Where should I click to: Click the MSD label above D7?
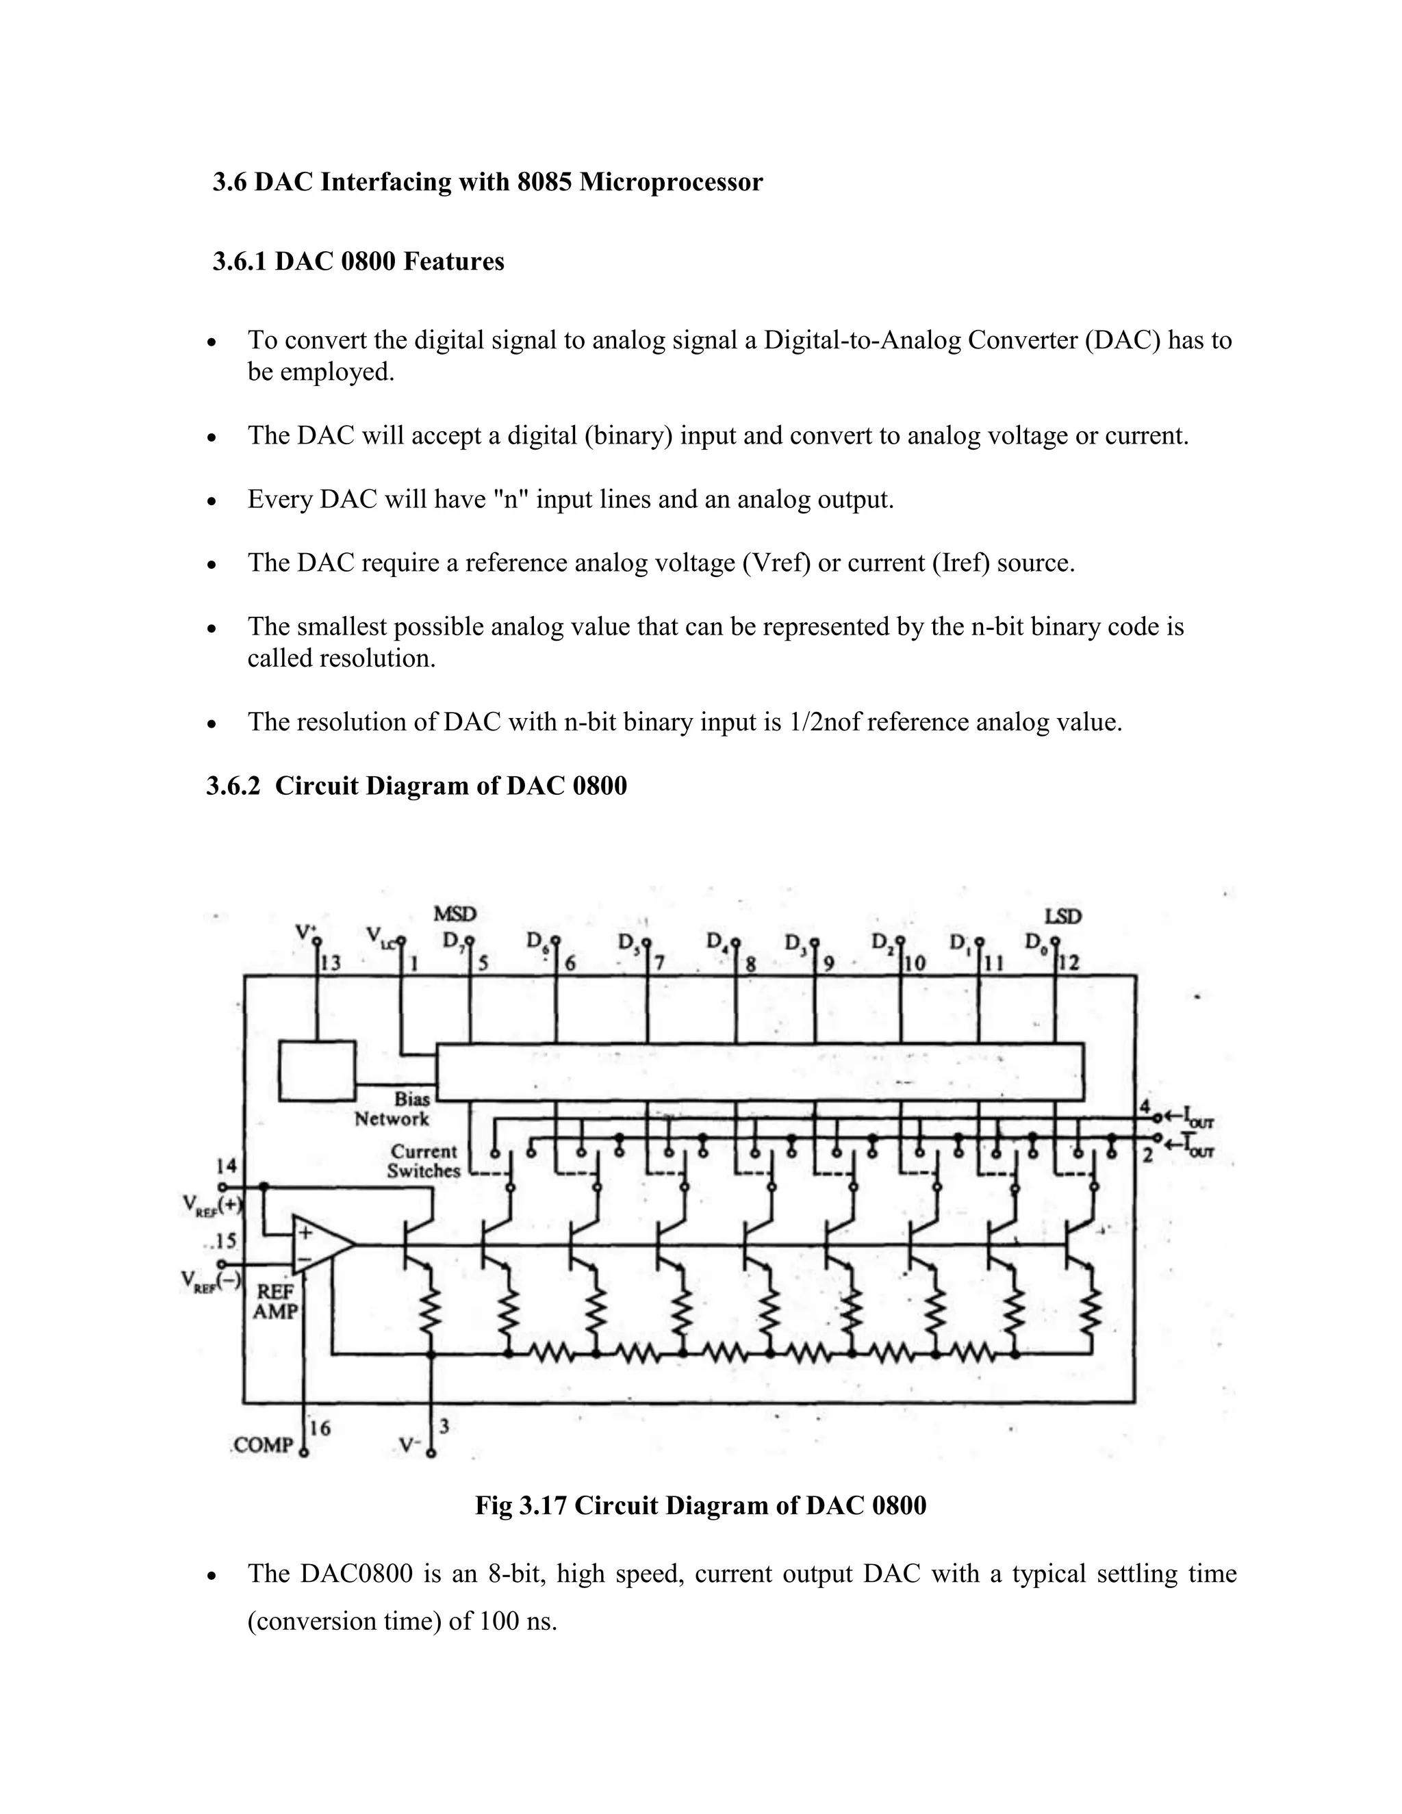pos(455,915)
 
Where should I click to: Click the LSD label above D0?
pos(1063,916)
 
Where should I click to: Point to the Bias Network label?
pos(392,1109)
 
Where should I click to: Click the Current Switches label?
pos(424,1161)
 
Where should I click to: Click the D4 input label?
pos(717,942)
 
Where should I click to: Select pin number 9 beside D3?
pos(829,964)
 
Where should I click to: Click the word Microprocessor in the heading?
pos(670,182)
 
